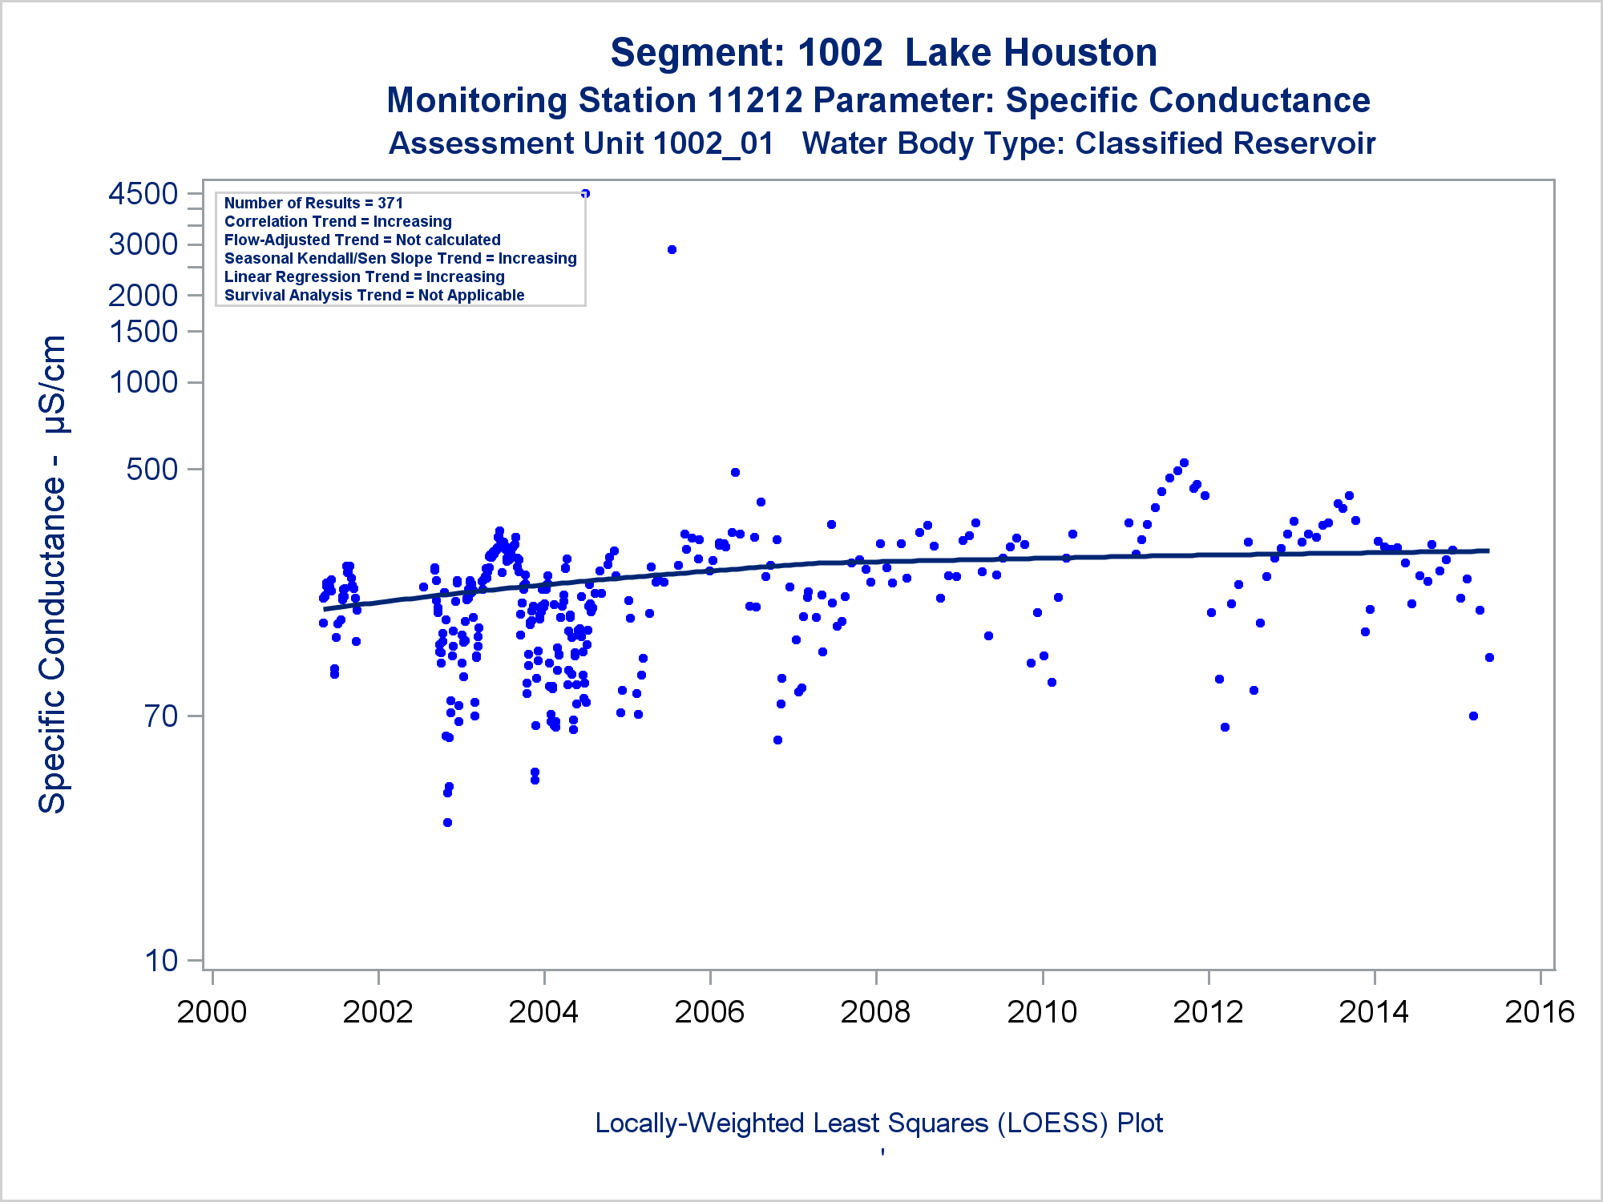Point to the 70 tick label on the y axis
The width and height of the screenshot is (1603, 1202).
[x=161, y=716]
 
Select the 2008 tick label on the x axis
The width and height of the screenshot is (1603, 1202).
[x=875, y=1012]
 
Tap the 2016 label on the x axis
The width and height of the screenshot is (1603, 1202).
[x=1540, y=1012]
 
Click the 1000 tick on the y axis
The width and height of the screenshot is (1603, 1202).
[x=143, y=382]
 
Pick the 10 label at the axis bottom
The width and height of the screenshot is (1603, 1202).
[x=161, y=960]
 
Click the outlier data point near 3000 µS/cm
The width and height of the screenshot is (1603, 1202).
[x=672, y=250]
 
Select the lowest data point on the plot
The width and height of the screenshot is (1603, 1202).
[x=447, y=822]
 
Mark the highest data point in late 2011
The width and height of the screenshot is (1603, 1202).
[x=1184, y=463]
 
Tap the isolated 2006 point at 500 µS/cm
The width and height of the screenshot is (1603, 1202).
[x=735, y=473]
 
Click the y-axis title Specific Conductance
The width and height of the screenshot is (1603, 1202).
[x=53, y=574]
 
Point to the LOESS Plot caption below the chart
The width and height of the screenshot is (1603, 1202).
[x=878, y=1123]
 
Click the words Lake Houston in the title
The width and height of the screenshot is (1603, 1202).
[x=1031, y=53]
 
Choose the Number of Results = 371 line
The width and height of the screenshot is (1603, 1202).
[x=313, y=204]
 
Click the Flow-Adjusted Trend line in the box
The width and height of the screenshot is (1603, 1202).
[x=362, y=240]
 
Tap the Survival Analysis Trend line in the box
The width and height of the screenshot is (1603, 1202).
[x=374, y=296]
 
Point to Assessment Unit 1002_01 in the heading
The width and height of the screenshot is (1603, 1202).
[x=581, y=144]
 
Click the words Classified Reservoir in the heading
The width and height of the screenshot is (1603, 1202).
[x=1225, y=144]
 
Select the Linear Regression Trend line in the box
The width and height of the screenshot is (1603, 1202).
[x=365, y=277]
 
